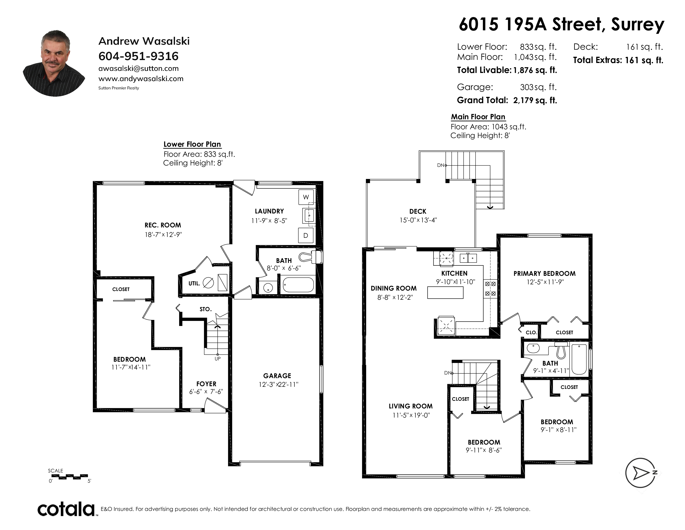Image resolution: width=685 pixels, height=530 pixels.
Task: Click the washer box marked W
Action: tap(306, 197)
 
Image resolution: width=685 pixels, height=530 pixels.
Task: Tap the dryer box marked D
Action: tap(306, 235)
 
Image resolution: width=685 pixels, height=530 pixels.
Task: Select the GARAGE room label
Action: tap(277, 376)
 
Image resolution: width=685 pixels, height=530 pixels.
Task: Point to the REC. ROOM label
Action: tap(163, 225)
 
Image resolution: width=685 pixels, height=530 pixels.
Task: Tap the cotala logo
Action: tap(66, 509)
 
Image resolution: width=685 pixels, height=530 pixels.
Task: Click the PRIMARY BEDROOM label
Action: tap(544, 274)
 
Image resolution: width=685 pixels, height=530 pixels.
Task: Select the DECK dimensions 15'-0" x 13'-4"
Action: tap(418, 220)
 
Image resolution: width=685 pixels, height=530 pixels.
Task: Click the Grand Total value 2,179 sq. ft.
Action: tap(535, 100)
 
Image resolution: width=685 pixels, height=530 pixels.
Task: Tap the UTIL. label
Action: tap(194, 283)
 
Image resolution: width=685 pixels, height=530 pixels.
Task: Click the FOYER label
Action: tap(206, 384)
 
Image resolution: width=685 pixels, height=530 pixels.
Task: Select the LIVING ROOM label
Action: tap(411, 406)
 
